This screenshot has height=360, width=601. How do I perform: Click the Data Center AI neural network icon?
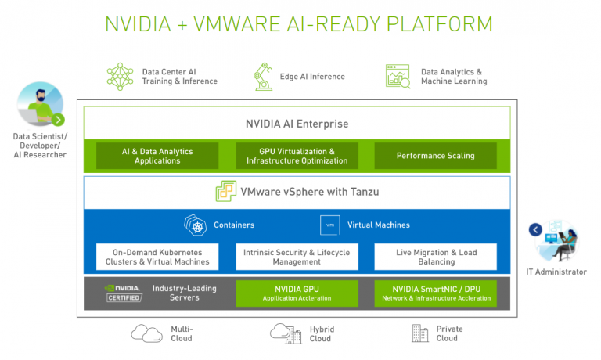(x=121, y=76)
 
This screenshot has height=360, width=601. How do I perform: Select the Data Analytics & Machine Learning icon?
(x=398, y=76)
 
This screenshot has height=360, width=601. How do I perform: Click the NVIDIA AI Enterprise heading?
(x=297, y=124)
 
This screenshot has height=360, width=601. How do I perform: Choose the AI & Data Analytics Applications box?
(x=157, y=156)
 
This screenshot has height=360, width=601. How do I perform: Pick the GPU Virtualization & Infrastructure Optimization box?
(x=297, y=156)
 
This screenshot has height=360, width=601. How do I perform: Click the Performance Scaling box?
(x=435, y=156)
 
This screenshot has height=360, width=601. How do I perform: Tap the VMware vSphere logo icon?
(x=226, y=192)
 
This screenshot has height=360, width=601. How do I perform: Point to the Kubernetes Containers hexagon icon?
(x=195, y=225)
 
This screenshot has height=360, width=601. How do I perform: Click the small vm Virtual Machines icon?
(x=329, y=225)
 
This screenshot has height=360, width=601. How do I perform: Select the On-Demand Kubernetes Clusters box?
(x=157, y=257)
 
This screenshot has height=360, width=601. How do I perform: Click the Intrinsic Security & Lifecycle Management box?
(x=297, y=257)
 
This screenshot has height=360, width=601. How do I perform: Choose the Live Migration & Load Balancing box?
(x=435, y=257)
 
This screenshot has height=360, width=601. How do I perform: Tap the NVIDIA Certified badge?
(x=123, y=293)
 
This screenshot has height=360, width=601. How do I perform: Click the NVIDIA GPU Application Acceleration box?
(x=297, y=293)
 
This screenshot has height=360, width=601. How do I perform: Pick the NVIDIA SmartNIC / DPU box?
(x=435, y=293)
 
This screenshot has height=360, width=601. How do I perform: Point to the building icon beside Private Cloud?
(x=420, y=333)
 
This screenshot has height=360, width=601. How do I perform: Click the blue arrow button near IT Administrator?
(x=535, y=230)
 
